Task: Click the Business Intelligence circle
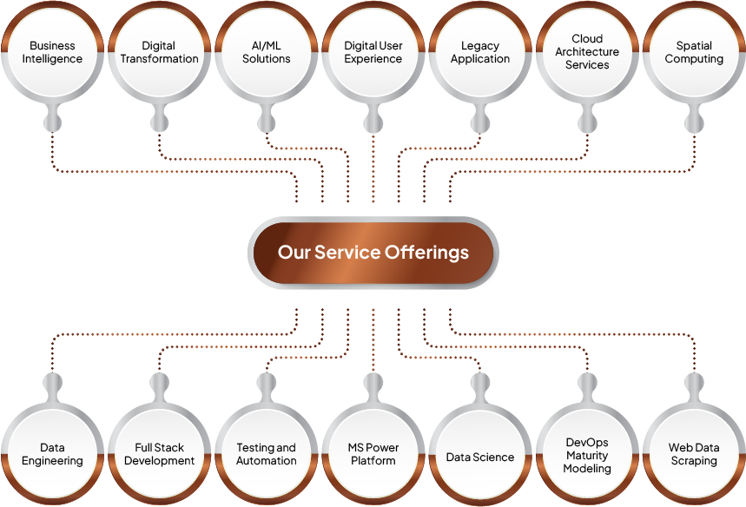[52, 52]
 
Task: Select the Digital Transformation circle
[159, 52]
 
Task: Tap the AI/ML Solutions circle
[267, 52]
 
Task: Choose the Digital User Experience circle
[373, 52]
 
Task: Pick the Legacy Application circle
[480, 52]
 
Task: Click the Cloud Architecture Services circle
[587, 52]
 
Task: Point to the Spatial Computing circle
[694, 52]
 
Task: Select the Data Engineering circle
[52, 454]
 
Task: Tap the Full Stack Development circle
[159, 454]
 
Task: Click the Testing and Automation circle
[267, 454]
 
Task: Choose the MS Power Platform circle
[373, 454]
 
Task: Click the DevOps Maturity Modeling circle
[587, 455]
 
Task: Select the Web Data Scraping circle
[694, 454]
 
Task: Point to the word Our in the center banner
[294, 253]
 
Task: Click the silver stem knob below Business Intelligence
[52, 122]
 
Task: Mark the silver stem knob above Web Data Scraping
[694, 384]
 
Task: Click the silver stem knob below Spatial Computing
[694, 122]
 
